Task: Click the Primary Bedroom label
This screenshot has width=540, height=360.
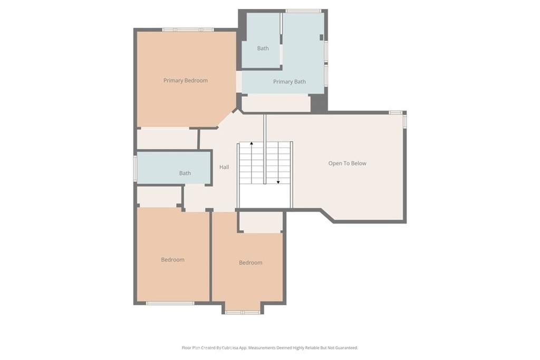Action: (185, 81)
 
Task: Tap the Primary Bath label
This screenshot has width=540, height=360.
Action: (290, 82)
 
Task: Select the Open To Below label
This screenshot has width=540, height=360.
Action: (347, 163)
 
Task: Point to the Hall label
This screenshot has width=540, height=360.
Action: (224, 167)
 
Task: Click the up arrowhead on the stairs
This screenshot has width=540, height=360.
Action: (252, 143)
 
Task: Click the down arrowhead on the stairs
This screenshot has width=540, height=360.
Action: (278, 182)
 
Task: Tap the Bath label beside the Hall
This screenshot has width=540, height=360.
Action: (185, 173)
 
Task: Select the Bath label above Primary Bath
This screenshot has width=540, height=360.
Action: (263, 48)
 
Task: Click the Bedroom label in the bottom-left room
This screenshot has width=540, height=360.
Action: (172, 259)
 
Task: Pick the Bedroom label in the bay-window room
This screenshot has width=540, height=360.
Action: (250, 262)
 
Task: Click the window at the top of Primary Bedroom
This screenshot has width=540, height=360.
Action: (188, 30)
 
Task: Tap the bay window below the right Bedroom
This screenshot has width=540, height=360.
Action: (243, 312)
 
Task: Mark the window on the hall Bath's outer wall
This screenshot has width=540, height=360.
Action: (136, 168)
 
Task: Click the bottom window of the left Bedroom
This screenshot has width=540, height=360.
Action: (170, 303)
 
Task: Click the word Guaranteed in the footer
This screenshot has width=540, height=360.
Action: (346, 347)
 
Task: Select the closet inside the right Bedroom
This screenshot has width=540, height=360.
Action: (261, 222)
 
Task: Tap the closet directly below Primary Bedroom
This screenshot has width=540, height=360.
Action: (167, 139)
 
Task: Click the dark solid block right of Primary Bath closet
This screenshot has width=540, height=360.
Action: (319, 103)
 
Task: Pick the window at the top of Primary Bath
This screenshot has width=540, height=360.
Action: (304, 11)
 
